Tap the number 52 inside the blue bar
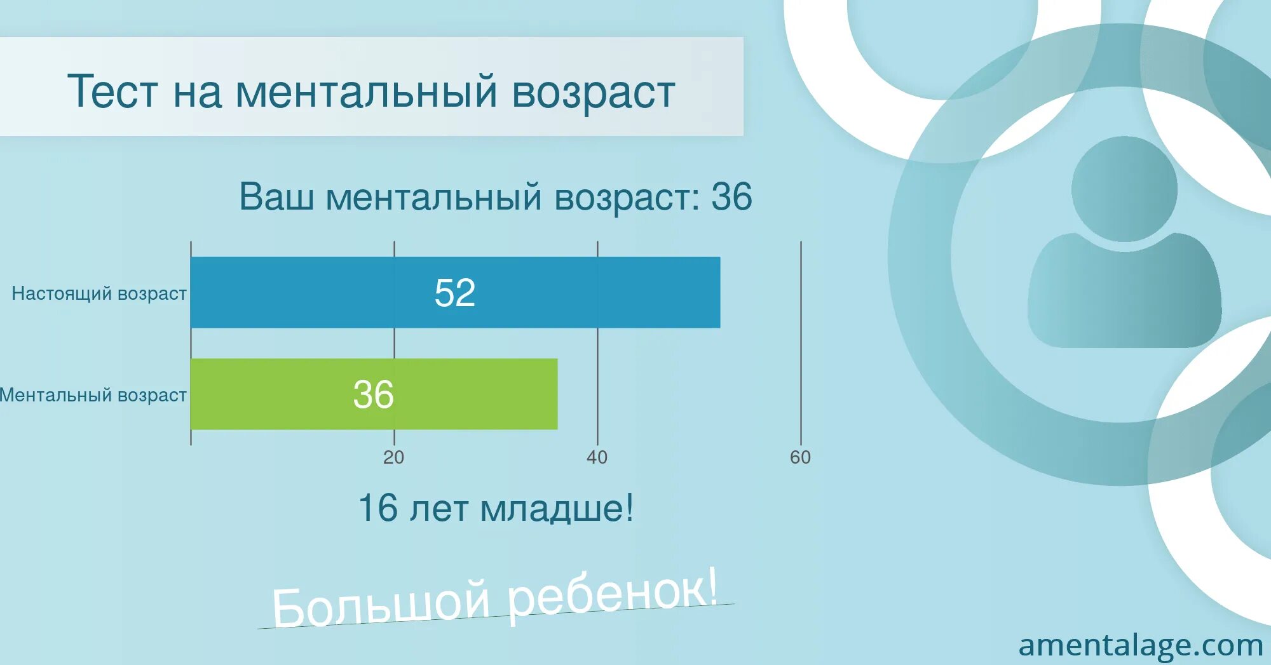(x=454, y=293)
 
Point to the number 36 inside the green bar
(x=373, y=394)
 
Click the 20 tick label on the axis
(x=393, y=457)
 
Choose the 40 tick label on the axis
(x=597, y=457)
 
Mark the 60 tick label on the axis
(x=800, y=457)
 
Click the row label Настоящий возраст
(x=99, y=293)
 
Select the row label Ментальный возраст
(x=93, y=395)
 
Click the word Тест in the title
(x=112, y=91)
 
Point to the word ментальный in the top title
(x=366, y=91)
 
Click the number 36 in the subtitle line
(x=731, y=196)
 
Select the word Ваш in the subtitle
(x=276, y=196)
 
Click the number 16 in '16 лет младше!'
(x=378, y=508)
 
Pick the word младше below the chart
(x=556, y=509)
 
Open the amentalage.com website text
(x=1140, y=645)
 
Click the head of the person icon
(x=1124, y=189)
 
